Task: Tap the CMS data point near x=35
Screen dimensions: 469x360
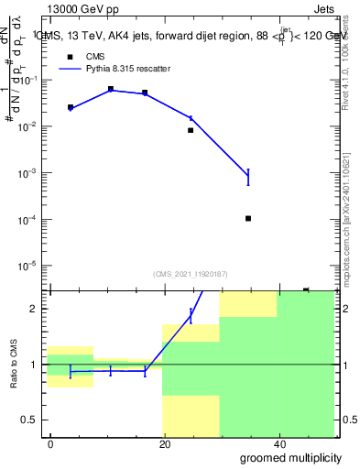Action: coord(248,218)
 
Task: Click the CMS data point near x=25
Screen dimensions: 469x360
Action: coord(191,130)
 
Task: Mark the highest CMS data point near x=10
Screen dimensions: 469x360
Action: coord(111,89)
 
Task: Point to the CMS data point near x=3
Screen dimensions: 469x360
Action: coord(71,107)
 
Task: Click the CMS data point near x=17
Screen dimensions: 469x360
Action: coord(145,93)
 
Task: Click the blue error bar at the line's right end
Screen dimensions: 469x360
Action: coord(248,177)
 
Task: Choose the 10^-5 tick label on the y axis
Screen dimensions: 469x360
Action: coord(28,267)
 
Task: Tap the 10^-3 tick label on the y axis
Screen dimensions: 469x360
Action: coord(28,173)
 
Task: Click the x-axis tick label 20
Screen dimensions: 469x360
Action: coord(164,443)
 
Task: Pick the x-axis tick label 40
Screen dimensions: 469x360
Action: coord(278,443)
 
